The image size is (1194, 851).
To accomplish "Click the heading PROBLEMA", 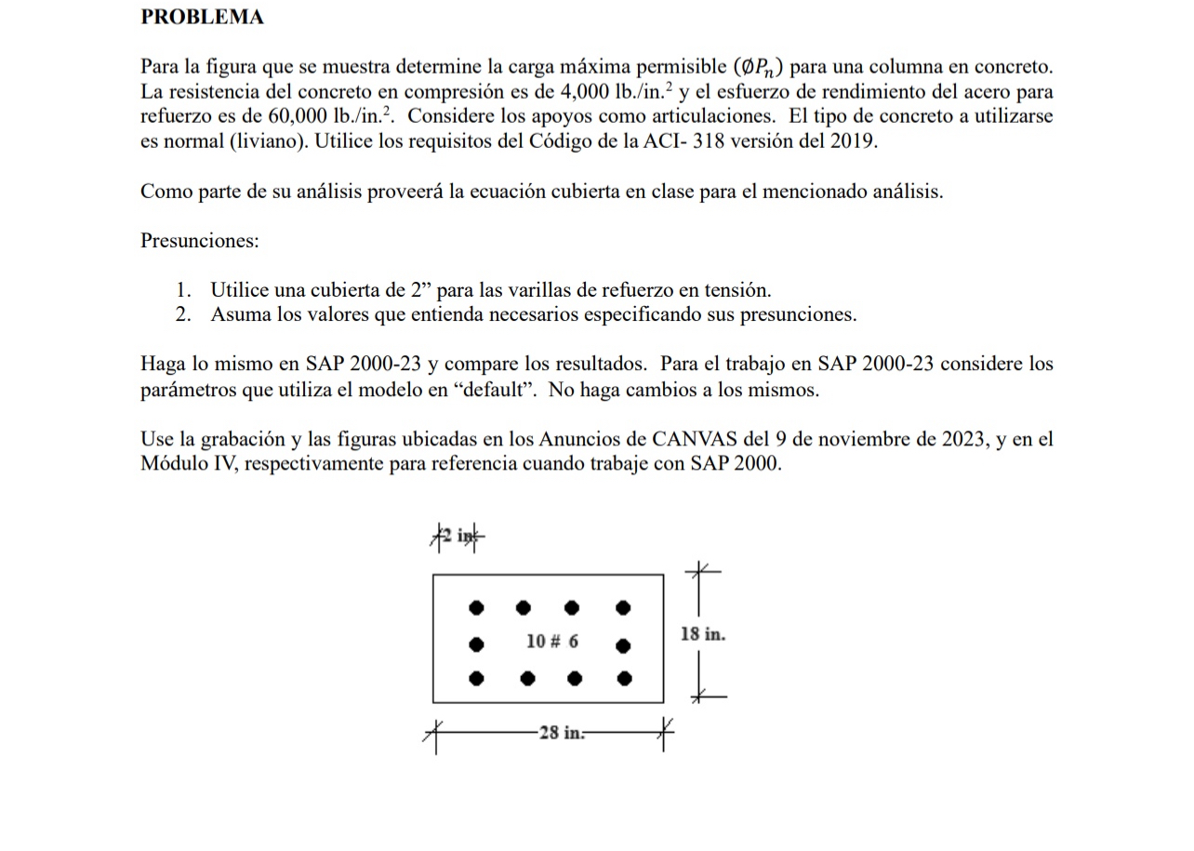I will tap(202, 17).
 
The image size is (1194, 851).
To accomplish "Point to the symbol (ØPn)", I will tap(758, 67).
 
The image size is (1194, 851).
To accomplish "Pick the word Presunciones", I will tap(199, 241).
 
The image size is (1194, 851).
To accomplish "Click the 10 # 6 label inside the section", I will tap(551, 642).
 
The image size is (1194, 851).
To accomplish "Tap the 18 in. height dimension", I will tap(702, 634).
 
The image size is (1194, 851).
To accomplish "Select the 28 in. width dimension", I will tap(561, 733).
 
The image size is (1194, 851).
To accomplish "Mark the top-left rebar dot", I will tap(476, 608).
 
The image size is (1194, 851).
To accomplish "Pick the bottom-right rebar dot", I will tap(624, 678).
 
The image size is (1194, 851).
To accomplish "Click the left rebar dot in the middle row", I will tap(476, 644).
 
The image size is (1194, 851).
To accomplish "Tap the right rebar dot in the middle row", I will tap(623, 644).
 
